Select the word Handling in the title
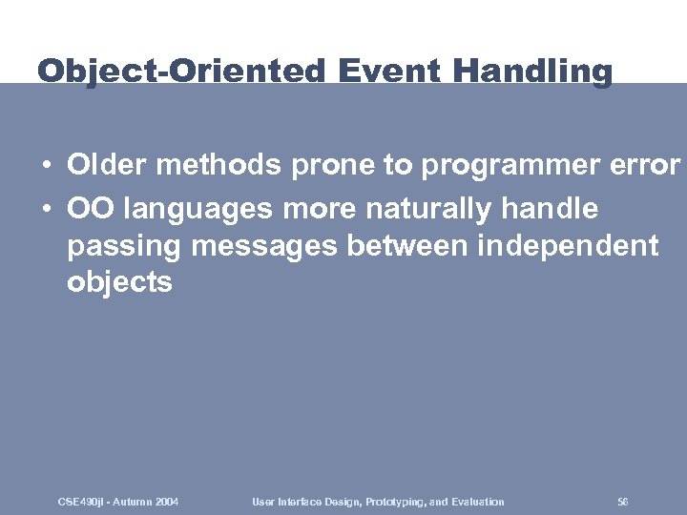pyautogui.click(x=533, y=72)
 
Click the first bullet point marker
pyautogui.click(x=46, y=166)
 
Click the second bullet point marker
pyautogui.click(x=46, y=208)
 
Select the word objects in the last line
pyautogui.click(x=119, y=282)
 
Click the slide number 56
pyautogui.click(x=623, y=502)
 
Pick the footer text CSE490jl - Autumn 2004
pyautogui.click(x=118, y=502)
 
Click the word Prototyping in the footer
pyautogui.click(x=393, y=502)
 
